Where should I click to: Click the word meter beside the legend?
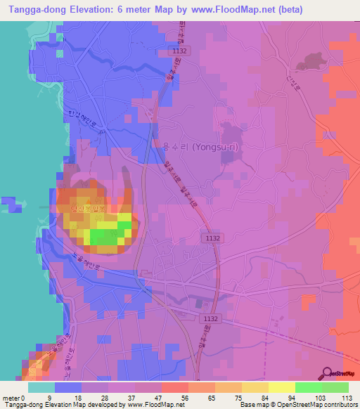pos(11,397)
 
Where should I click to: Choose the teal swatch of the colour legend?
pos(41,387)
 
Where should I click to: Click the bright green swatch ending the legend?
pos(335,387)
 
